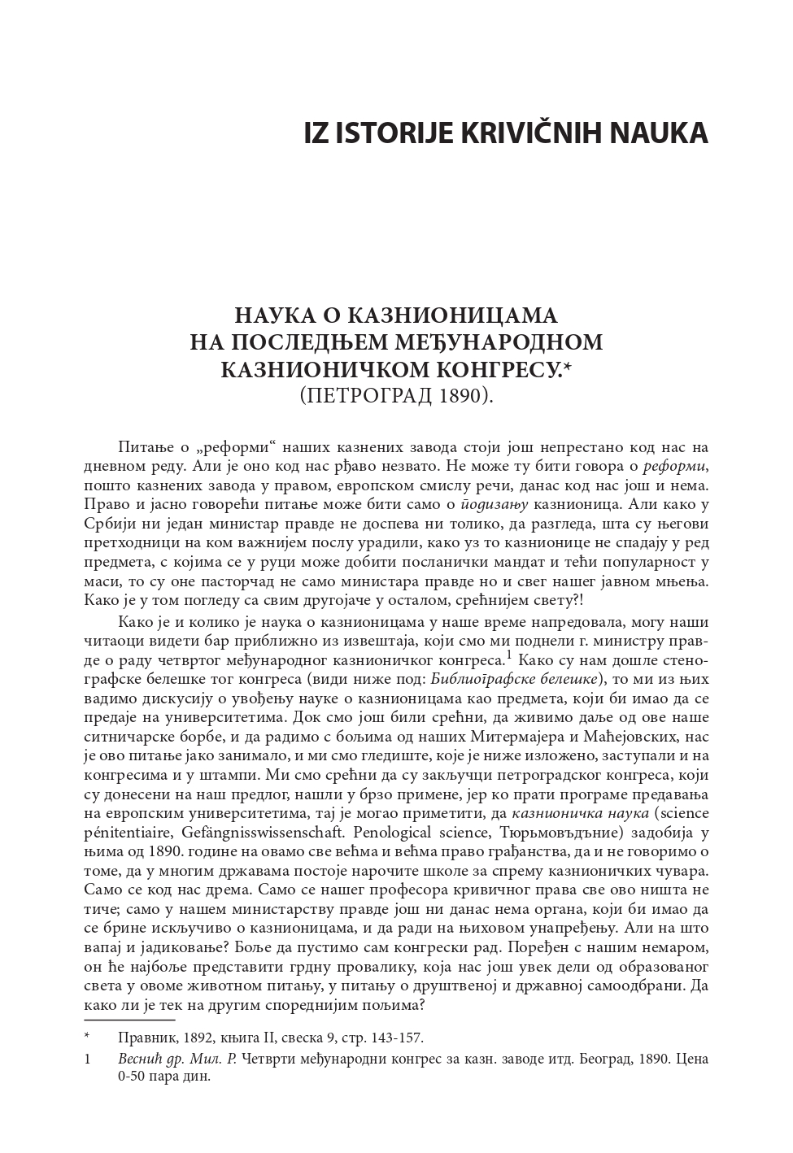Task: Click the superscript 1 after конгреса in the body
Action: coord(508,654)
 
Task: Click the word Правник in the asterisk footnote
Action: coord(143,1038)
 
